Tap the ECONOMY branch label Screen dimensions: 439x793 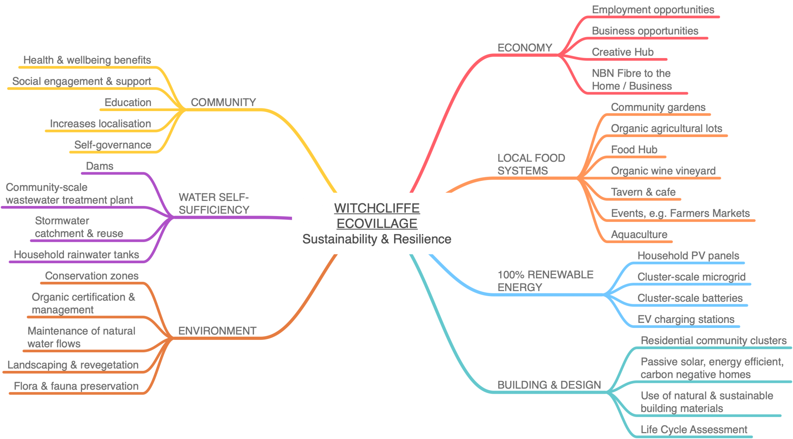pos(525,48)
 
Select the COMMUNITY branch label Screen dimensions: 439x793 pos(223,102)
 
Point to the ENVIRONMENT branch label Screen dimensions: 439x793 pos(217,331)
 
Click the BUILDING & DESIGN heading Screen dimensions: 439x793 pos(549,385)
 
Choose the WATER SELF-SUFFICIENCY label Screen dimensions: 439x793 pos(214,203)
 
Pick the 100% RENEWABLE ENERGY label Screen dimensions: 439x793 pos(545,281)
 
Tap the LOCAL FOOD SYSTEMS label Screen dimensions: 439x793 pos(531,164)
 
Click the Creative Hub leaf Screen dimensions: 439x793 pos(623,52)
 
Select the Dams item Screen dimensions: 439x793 pos(100,166)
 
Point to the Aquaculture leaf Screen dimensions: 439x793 pos(639,234)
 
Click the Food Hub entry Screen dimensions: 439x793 pos(634,149)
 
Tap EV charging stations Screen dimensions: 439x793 pos(686,319)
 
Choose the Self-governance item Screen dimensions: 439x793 pos(113,145)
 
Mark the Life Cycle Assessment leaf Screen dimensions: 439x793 pos(694,429)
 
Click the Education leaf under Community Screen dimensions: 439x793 pos(128,102)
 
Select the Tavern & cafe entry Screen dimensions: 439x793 pos(643,192)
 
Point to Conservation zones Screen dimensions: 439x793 pos(92,276)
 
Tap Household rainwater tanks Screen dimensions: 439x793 pos(76,254)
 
